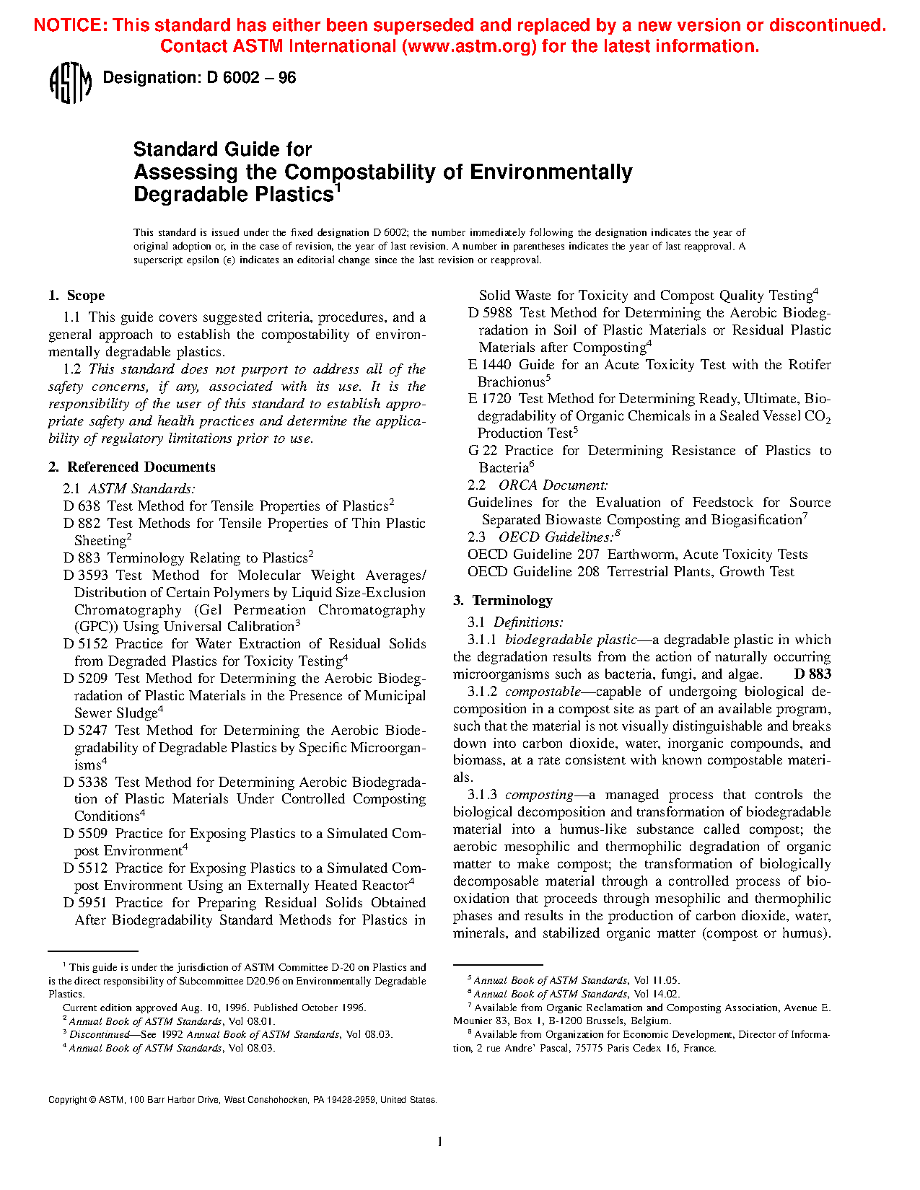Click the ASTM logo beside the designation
click(x=70, y=83)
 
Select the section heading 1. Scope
click(x=76, y=296)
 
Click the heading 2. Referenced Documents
click(x=132, y=467)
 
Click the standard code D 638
click(x=82, y=506)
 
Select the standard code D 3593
click(x=85, y=576)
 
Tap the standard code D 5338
click(x=85, y=783)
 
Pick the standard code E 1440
click(x=490, y=365)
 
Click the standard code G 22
click(x=483, y=451)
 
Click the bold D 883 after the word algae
click(x=812, y=674)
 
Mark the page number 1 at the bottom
click(x=439, y=1142)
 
